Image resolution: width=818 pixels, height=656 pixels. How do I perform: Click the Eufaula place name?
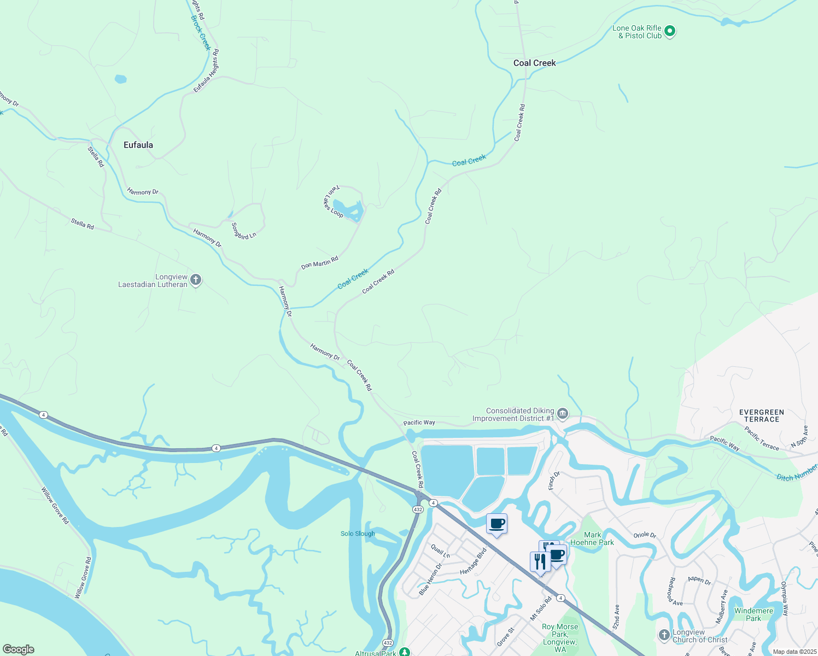(x=138, y=145)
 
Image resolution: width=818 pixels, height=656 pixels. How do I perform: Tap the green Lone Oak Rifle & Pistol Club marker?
(x=670, y=32)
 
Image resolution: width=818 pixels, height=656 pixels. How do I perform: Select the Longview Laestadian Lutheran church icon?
(x=196, y=280)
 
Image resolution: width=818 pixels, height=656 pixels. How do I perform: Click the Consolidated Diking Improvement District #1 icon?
(x=563, y=414)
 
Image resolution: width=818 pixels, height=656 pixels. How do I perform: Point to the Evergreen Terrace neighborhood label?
(x=761, y=416)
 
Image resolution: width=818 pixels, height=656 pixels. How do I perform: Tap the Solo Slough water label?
(x=358, y=534)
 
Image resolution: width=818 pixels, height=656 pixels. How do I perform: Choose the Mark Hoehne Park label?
(x=592, y=539)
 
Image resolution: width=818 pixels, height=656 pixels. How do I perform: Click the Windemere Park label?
(x=753, y=614)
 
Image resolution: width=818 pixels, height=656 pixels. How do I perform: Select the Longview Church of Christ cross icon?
(x=664, y=635)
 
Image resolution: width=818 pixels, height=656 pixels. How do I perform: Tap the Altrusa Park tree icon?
(x=404, y=652)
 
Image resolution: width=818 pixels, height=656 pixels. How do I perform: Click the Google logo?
(x=19, y=649)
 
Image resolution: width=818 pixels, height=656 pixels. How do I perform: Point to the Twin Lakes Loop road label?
(x=332, y=201)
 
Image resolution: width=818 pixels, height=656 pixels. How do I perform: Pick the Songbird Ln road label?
(x=243, y=231)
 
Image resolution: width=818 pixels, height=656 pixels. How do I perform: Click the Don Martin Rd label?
(x=320, y=263)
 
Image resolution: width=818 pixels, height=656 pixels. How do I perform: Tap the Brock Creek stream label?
(x=201, y=33)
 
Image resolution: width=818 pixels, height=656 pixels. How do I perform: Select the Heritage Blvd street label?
(x=474, y=561)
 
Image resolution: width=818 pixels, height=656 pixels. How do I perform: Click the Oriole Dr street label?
(x=645, y=535)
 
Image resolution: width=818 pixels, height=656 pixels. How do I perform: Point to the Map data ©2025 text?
(x=794, y=652)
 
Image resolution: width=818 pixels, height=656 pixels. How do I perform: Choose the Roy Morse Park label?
(x=560, y=634)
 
